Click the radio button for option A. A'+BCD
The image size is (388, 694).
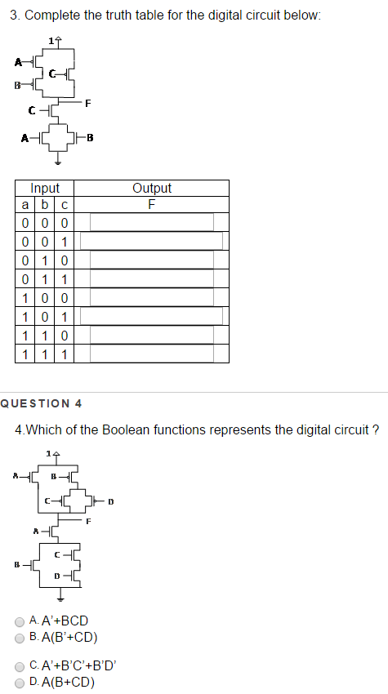(x=20, y=621)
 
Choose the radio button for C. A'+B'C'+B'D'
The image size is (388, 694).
(x=20, y=666)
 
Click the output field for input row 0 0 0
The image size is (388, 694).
(x=151, y=222)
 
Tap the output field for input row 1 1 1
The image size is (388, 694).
(x=151, y=354)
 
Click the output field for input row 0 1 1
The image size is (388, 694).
(x=151, y=278)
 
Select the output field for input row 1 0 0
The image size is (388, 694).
(x=151, y=297)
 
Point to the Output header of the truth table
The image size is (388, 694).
(x=151, y=188)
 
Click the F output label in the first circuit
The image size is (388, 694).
(x=89, y=103)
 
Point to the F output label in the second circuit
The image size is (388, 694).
(x=88, y=520)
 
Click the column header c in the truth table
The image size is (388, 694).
(x=64, y=204)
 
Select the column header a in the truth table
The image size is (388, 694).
(x=26, y=204)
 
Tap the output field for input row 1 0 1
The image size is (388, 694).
(x=151, y=316)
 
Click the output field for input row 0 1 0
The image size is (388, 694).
(x=151, y=260)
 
